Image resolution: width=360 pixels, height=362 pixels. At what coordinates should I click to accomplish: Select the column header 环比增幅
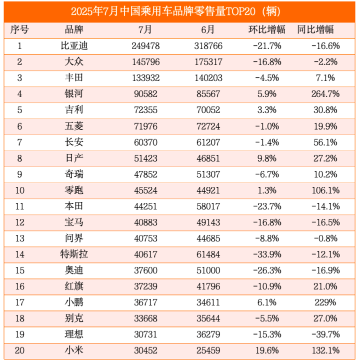click(266, 29)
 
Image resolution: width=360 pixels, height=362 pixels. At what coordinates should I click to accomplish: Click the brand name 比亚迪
click(74, 46)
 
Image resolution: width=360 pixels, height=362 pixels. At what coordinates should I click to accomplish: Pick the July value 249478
click(145, 46)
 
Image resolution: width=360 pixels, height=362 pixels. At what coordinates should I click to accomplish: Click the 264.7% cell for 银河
click(325, 94)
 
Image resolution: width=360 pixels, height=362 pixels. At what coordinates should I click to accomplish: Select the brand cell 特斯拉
click(74, 254)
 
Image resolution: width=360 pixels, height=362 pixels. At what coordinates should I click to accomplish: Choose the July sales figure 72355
click(145, 110)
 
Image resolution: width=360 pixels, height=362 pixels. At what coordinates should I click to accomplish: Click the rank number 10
click(20, 190)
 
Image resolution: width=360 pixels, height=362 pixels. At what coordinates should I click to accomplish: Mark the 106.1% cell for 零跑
click(325, 190)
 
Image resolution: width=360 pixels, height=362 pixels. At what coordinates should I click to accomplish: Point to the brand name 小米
click(74, 351)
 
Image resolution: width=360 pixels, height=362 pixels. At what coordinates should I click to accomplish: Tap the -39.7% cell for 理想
click(325, 335)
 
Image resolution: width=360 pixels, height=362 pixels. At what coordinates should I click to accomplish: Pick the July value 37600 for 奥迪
click(145, 270)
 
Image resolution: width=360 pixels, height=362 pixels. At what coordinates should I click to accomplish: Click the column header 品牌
click(74, 29)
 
